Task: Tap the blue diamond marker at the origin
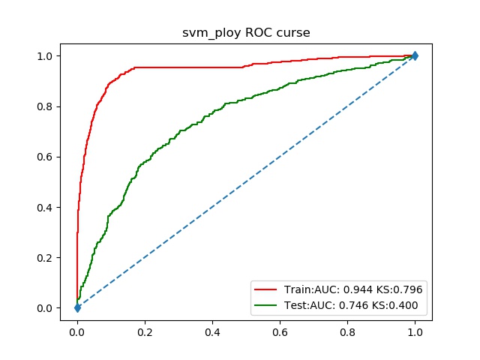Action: tap(77, 307)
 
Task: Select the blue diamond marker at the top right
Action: tap(415, 55)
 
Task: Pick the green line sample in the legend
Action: tap(268, 305)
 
